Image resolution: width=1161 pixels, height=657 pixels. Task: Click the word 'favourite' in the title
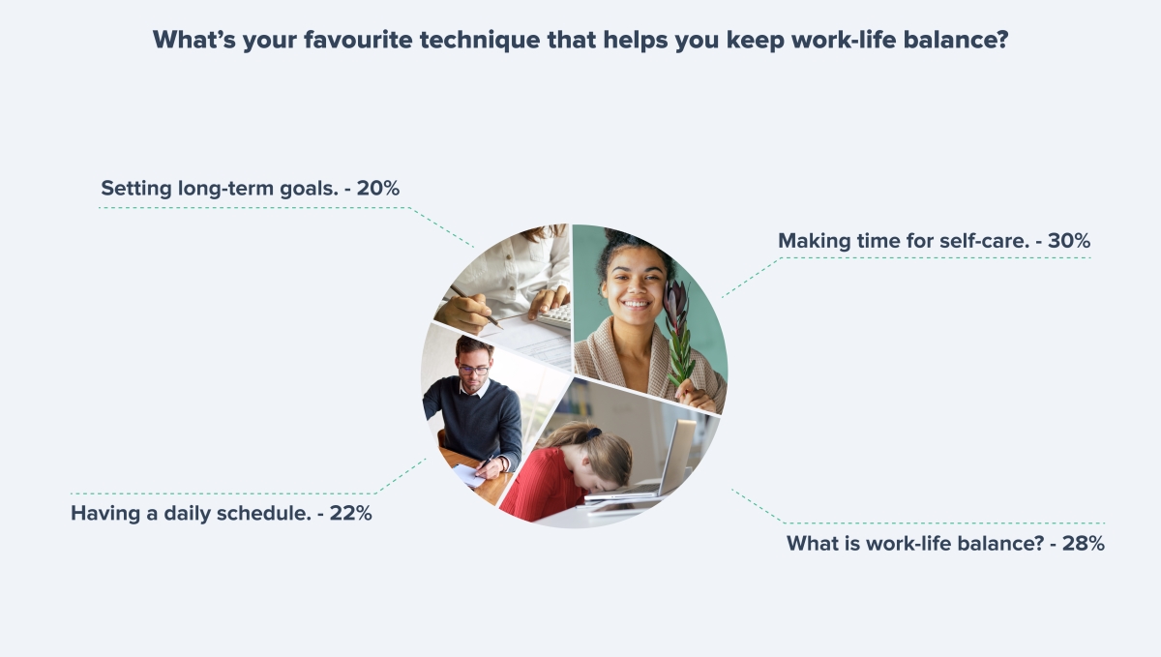(358, 40)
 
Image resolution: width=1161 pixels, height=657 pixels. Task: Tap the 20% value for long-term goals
(378, 189)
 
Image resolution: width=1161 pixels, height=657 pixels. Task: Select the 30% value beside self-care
(1069, 241)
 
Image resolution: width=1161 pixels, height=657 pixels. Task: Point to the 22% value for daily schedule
(351, 514)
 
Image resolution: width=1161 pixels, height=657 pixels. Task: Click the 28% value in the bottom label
(1084, 544)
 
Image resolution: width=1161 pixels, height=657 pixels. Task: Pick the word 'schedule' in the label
(264, 514)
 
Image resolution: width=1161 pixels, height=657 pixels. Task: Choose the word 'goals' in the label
(309, 190)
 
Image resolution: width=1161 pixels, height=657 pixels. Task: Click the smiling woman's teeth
(636, 304)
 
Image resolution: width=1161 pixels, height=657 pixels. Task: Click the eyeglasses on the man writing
(473, 370)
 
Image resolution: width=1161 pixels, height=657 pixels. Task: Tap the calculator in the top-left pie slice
(555, 315)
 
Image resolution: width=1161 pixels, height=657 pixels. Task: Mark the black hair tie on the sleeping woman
(592, 433)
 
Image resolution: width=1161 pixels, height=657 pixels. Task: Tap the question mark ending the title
(1002, 40)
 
